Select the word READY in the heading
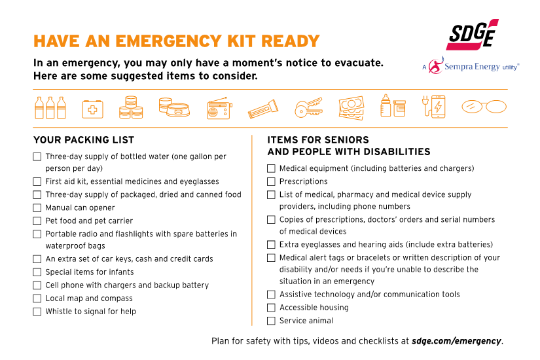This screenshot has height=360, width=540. point(290,41)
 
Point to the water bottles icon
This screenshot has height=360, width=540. point(50,108)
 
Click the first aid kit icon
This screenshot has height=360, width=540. point(92,109)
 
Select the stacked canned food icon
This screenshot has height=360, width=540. point(131,108)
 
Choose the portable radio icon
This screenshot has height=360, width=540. point(218,109)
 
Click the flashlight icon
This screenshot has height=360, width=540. point(262,109)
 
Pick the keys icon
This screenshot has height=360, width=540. point(308,108)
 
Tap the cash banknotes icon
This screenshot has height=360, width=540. point(351,108)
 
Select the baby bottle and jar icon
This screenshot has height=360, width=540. point(393,107)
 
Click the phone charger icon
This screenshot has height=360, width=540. point(433,107)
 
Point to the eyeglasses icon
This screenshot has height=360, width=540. point(484,107)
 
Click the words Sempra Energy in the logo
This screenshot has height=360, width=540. point(472,66)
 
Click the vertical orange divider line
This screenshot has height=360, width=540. point(252,229)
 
